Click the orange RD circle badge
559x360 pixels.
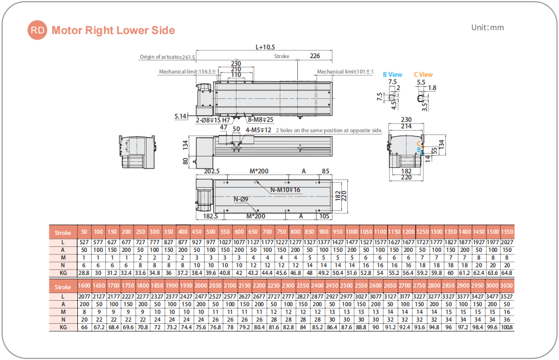point(38,30)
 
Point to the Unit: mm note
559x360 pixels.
point(487,27)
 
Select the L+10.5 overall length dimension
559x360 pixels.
point(266,47)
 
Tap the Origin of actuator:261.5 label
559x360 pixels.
point(167,57)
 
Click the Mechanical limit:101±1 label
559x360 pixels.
point(345,71)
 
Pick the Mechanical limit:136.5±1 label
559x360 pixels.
point(188,71)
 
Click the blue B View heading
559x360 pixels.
point(392,75)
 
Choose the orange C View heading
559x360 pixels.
point(423,75)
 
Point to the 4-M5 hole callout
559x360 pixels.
point(258,130)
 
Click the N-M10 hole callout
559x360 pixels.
point(285,189)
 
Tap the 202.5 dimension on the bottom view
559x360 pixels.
point(211,171)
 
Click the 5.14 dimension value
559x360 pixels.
point(180,116)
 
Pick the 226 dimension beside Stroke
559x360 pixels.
point(315,56)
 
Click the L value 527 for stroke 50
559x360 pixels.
point(84,242)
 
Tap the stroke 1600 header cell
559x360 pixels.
point(84,286)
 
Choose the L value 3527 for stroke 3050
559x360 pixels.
point(506,296)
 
